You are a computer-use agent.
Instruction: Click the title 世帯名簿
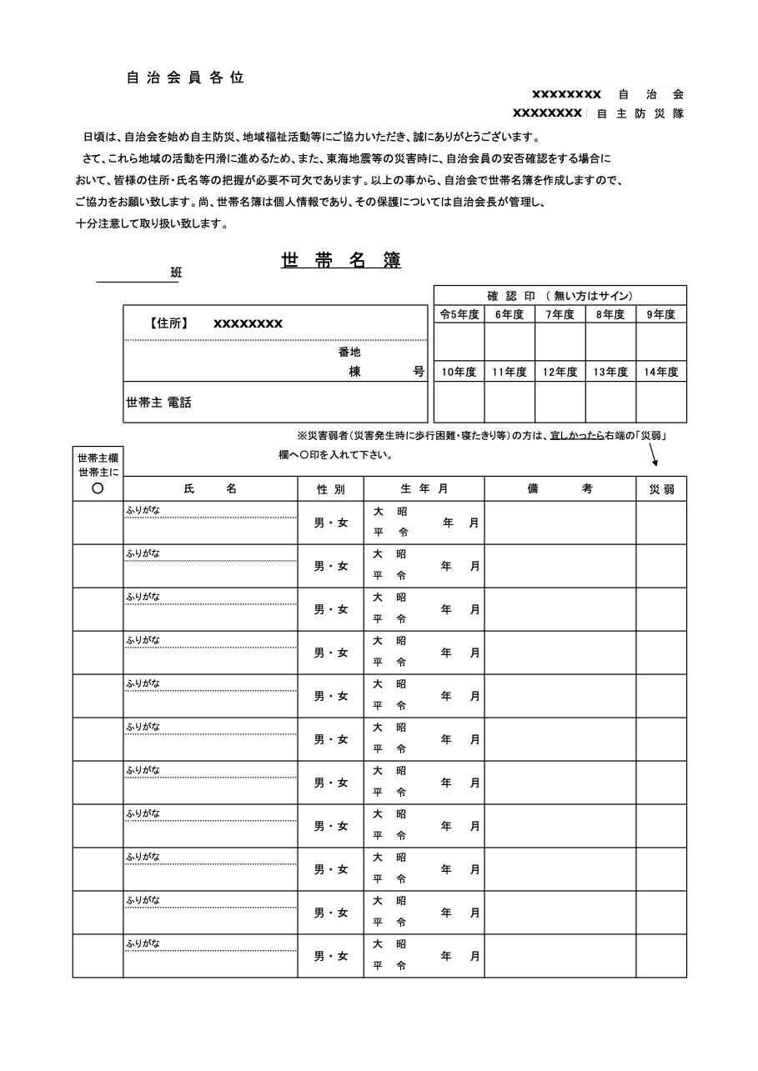341,260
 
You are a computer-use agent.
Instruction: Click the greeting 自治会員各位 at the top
185,78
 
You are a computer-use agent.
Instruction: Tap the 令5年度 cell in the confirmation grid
459,314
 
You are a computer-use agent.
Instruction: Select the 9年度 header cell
661,314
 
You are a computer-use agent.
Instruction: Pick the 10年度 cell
459,372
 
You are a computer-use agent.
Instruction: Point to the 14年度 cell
661,372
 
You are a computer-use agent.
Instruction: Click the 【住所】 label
169,323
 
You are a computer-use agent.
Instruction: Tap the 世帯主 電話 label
158,402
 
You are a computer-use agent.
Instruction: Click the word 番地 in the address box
349,352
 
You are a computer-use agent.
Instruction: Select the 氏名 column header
210,489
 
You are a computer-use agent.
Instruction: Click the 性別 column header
330,489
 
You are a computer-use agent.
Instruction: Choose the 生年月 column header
424,489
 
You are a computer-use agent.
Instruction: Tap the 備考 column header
560,489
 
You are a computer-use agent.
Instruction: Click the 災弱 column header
661,489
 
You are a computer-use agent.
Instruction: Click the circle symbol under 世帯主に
98,488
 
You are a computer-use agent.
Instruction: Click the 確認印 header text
511,295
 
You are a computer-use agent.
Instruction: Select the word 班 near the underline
176,273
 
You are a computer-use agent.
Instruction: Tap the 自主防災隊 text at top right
640,113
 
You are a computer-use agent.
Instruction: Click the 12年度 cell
560,372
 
